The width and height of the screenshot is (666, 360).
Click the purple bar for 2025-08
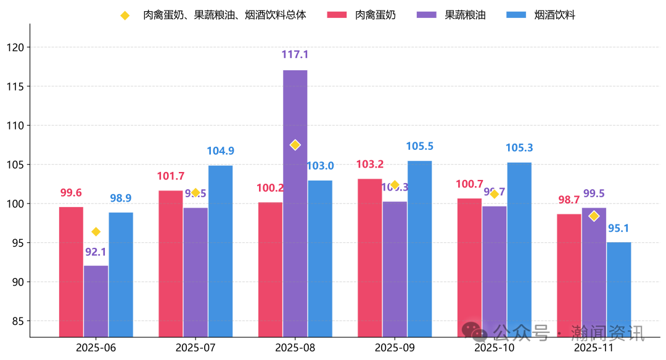[295, 203]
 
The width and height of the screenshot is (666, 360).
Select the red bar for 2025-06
[71, 271]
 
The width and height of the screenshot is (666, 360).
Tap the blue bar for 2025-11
[619, 289]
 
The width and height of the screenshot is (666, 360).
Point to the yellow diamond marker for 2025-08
[295, 145]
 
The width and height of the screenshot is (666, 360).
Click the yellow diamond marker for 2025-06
[96, 232]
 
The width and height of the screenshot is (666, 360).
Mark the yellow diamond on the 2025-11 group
[594, 216]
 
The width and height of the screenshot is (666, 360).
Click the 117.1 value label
[295, 55]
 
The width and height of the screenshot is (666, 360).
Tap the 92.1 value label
[96, 252]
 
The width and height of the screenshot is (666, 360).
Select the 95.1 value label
[619, 229]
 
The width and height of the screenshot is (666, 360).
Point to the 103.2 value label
[370, 165]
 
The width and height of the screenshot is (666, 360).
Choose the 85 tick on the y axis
[17, 321]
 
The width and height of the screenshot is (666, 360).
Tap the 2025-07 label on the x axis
[195, 348]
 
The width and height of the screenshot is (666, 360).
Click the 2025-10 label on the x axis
[494, 348]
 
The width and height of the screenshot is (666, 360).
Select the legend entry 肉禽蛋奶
[375, 15]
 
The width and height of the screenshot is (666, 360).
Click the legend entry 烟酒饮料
[554, 15]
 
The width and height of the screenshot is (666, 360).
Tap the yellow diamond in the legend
[125, 15]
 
